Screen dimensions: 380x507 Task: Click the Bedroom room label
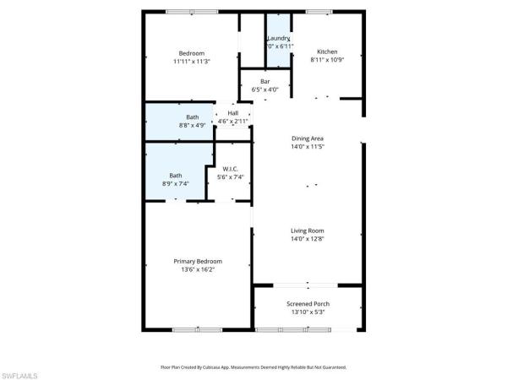tap(192, 53)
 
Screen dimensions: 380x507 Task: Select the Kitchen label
tap(327, 51)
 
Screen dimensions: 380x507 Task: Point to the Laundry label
tap(279, 39)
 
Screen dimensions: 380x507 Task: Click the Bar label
tap(265, 81)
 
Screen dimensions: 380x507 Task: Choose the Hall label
tap(232, 113)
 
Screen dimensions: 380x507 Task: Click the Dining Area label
tap(308, 138)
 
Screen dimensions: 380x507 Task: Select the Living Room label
tap(308, 231)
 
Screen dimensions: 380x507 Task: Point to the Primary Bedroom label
tap(195, 261)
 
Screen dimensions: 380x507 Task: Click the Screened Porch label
tap(308, 304)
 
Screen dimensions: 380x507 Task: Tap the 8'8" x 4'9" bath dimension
tap(192, 125)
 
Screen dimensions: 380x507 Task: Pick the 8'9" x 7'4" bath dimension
tap(175, 183)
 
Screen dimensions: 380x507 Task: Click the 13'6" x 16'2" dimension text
tap(195, 269)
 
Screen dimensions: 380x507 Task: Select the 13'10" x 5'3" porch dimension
tap(308, 312)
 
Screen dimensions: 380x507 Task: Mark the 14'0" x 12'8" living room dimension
tap(308, 239)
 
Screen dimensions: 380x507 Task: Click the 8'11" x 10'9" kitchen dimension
tap(327, 59)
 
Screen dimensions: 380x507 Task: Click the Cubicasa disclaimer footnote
tap(253, 367)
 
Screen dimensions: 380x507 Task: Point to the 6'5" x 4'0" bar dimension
tap(265, 90)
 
